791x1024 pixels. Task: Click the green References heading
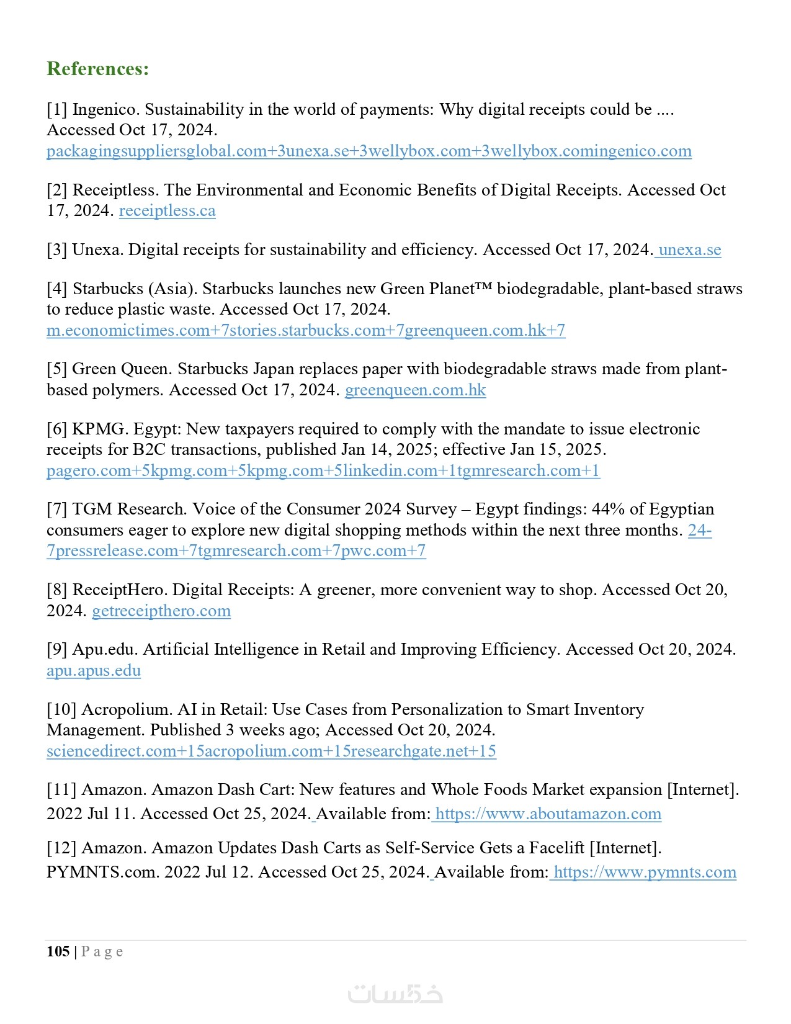point(97,68)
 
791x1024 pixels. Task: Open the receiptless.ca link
point(167,211)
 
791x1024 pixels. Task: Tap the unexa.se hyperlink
point(689,250)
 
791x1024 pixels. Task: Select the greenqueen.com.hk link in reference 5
point(415,390)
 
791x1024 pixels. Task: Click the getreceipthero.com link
point(161,611)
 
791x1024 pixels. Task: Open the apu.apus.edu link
point(94,671)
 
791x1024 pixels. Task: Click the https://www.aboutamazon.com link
point(548,814)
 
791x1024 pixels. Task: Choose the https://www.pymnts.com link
point(645,873)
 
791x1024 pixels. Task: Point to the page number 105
point(58,951)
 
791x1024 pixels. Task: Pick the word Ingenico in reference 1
point(105,110)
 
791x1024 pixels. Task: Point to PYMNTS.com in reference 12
point(102,873)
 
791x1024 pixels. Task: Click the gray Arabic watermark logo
point(395,994)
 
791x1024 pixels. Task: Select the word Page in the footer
point(102,952)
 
